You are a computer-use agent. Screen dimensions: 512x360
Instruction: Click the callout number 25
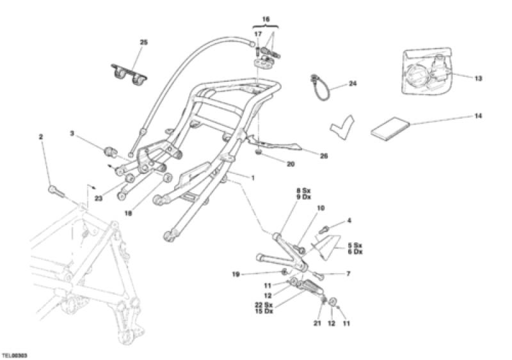pos(143,42)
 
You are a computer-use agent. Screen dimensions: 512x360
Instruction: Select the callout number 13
pos(478,79)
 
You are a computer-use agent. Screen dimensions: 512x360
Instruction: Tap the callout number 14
pos(478,116)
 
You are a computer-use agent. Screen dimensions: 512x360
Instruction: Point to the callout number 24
pos(353,84)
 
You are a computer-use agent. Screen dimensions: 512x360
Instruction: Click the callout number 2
pos(41,137)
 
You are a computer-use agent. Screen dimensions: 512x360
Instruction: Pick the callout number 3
pos(72,133)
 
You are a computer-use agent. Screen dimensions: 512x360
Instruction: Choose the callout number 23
pos(99,198)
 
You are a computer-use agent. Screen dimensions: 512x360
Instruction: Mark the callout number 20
pos(291,164)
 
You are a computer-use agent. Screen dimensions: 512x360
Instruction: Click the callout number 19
pos(236,274)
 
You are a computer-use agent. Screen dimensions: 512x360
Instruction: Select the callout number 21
pos(317,324)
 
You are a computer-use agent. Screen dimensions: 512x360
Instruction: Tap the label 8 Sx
pos(303,191)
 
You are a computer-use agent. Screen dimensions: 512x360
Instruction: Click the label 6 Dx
pos(355,252)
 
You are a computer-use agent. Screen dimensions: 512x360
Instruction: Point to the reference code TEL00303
pos(14,355)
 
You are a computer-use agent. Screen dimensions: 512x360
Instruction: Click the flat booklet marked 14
pos(390,129)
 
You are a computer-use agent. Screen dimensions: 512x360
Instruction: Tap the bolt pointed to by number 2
pos(56,191)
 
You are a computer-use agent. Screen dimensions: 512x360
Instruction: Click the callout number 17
pos(258,34)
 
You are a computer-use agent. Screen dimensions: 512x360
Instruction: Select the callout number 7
pos(348,274)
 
